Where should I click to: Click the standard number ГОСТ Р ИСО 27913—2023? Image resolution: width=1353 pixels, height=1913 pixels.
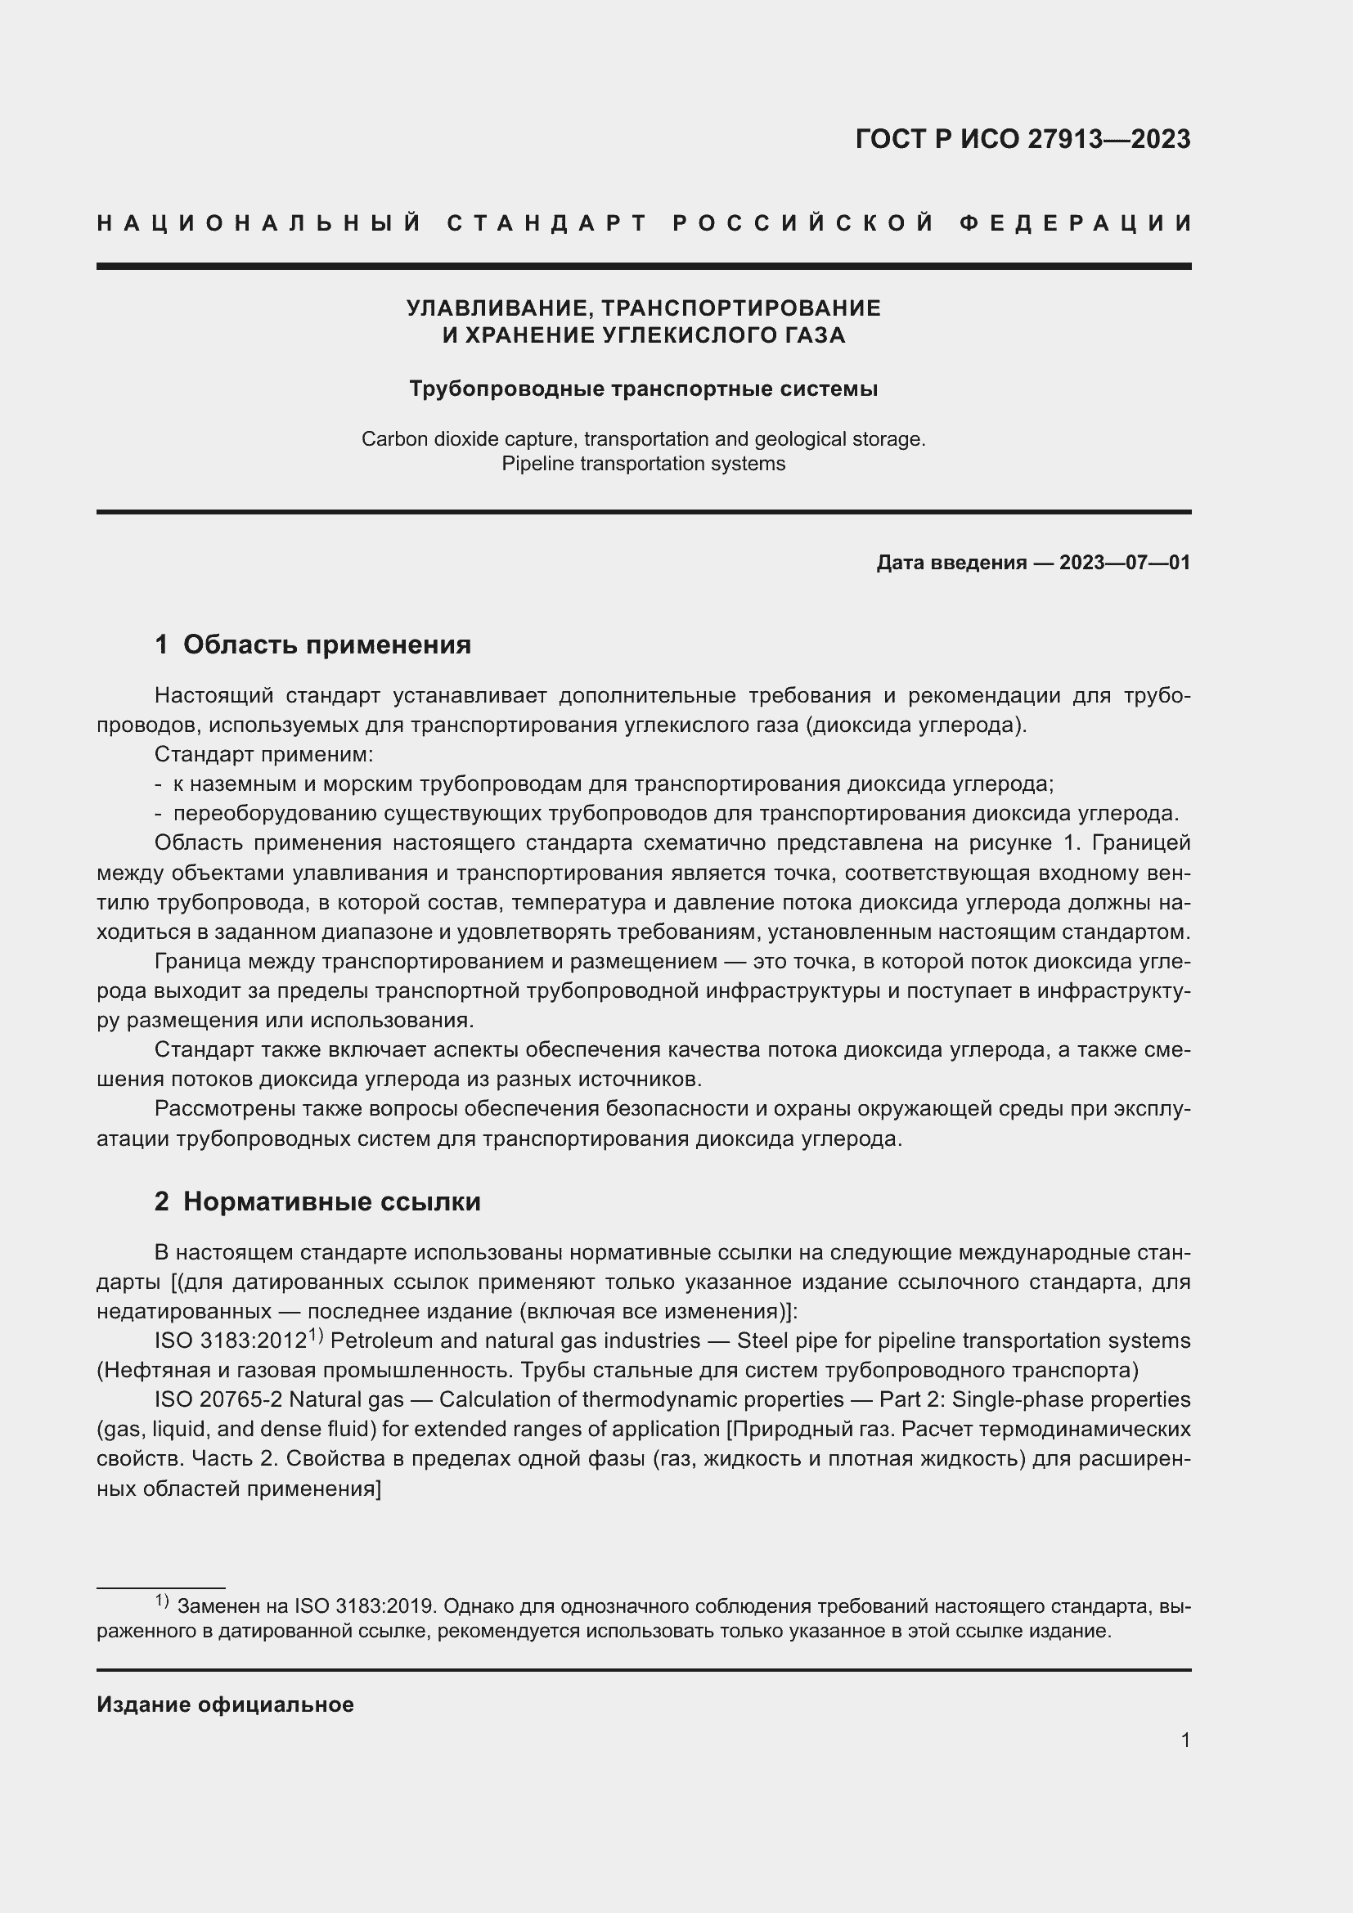pyautogui.click(x=1023, y=139)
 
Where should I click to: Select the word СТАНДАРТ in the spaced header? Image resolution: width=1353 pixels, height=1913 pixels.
pyautogui.click(x=547, y=223)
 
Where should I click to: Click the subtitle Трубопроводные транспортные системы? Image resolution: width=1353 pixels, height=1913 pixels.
pyautogui.click(x=643, y=389)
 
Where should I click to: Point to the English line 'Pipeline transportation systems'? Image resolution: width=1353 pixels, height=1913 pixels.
pyautogui.click(x=643, y=464)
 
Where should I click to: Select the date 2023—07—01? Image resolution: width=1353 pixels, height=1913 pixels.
pyautogui.click(x=1125, y=564)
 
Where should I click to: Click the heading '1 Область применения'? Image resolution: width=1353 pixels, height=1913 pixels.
pyautogui.click(x=312, y=644)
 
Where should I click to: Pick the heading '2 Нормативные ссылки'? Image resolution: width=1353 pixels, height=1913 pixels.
pyautogui.click(x=317, y=1201)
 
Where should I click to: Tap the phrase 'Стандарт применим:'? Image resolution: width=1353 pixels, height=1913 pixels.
pyautogui.click(x=263, y=755)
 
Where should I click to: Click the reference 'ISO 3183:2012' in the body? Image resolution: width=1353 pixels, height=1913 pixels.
pyautogui.click(x=231, y=1340)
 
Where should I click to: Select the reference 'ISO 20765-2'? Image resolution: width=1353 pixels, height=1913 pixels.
pyautogui.click(x=218, y=1399)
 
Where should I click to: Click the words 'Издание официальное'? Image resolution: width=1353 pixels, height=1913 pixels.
pyautogui.click(x=225, y=1704)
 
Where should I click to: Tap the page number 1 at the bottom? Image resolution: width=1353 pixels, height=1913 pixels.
pyautogui.click(x=1184, y=1740)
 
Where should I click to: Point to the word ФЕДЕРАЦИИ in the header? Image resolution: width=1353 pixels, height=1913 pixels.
pyautogui.click(x=1076, y=223)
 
